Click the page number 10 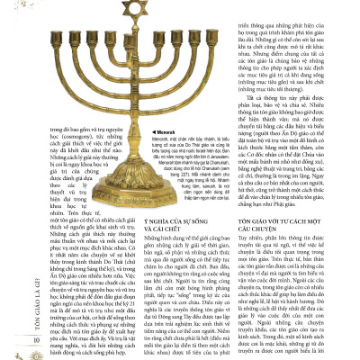pyautogui.click(x=11, y=340)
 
